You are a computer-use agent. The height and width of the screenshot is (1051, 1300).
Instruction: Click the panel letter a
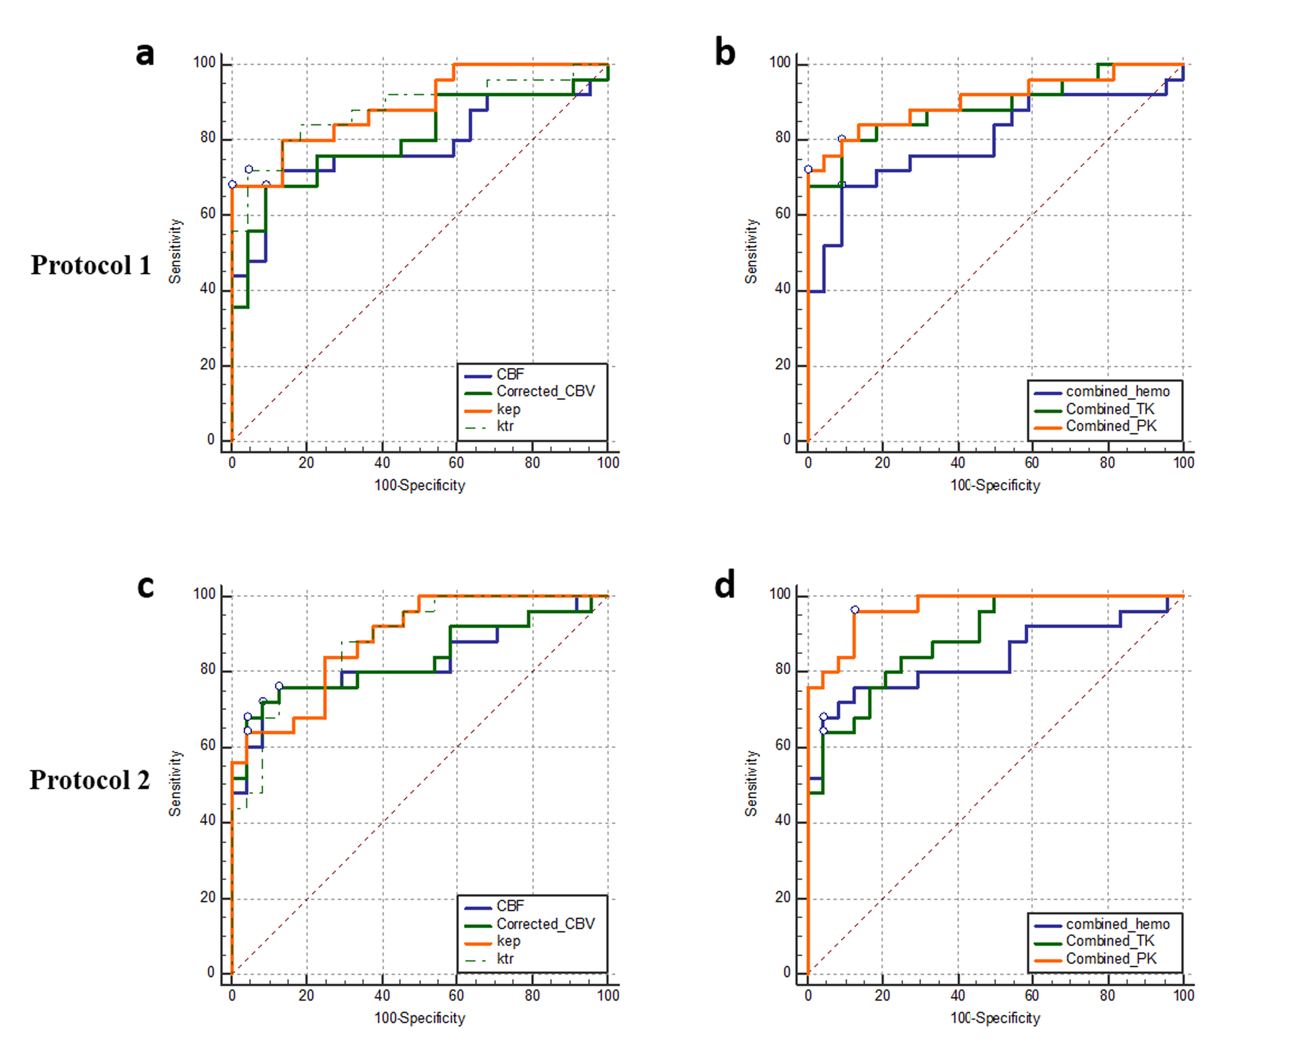[145, 54]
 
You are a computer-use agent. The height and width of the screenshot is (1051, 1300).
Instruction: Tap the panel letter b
[725, 53]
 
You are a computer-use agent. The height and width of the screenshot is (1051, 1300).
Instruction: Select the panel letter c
[145, 586]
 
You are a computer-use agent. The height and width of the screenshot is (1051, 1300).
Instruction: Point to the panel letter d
[725, 586]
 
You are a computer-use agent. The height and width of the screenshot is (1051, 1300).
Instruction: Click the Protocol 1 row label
[91, 265]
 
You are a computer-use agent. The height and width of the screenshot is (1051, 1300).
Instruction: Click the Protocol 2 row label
[90, 780]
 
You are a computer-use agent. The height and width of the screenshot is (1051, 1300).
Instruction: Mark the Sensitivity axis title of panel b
[751, 251]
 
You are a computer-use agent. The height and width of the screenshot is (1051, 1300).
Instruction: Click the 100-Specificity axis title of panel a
[420, 486]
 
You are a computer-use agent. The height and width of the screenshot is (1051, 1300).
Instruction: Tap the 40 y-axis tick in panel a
[208, 289]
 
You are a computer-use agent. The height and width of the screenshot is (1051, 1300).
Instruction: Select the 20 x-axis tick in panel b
[882, 463]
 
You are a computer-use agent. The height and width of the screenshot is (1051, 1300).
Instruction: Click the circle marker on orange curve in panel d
[855, 610]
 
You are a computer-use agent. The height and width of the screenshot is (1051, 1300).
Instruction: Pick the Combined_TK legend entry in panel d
[1110, 941]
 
